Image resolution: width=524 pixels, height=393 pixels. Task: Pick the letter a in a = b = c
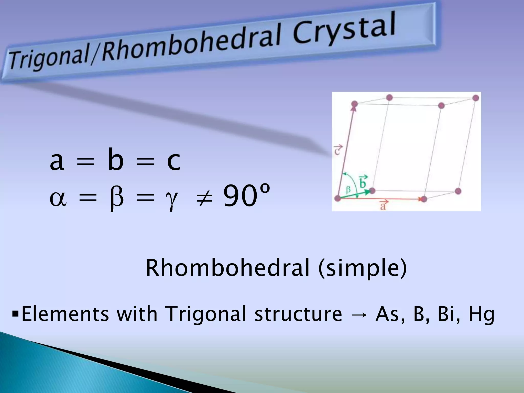(57, 161)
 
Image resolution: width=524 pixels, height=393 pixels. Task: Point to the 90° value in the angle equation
(246, 196)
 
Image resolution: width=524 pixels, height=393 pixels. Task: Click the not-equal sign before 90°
(204, 197)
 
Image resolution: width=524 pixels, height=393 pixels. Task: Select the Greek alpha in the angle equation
(58, 198)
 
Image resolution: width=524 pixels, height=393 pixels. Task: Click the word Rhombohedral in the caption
(227, 268)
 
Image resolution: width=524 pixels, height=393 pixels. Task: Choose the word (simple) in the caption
(362, 268)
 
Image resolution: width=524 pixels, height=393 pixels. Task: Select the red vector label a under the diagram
(383, 205)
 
